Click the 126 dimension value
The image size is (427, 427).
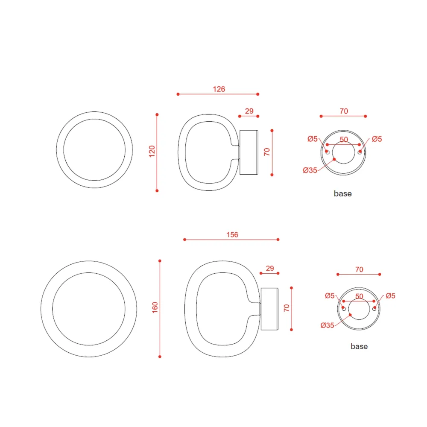pos(219,89)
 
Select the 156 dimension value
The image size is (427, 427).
pos(232,235)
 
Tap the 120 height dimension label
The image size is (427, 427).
pos(152,151)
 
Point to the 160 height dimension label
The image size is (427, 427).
pos(155,307)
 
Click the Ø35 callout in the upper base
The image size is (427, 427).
pos(310,170)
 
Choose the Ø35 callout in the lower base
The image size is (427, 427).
pos(328,325)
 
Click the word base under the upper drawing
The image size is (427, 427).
pos(343,193)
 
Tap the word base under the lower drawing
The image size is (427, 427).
pos(359,346)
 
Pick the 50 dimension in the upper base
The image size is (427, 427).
pos(344,140)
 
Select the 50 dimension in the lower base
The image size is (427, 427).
pos(359,296)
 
